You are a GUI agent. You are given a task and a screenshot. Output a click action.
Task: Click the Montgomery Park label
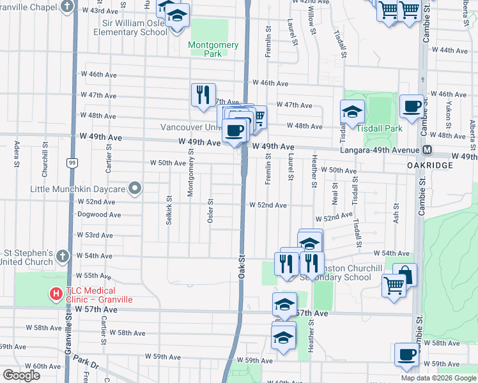coord(213,49)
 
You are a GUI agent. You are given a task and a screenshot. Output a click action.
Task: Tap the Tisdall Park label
coord(380,128)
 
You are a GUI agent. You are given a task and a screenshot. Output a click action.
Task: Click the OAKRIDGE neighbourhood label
coord(429,165)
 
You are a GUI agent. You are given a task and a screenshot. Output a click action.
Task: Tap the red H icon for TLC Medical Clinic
coord(56,294)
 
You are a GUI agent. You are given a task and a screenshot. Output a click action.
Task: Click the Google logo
coord(21,375)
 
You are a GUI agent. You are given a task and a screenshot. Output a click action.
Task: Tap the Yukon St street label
coord(449,112)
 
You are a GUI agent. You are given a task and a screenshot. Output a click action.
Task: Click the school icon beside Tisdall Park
coord(352,112)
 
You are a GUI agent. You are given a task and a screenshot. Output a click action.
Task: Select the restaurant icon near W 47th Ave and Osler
coord(203,95)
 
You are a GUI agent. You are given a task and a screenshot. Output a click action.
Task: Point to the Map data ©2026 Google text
coord(438,378)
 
